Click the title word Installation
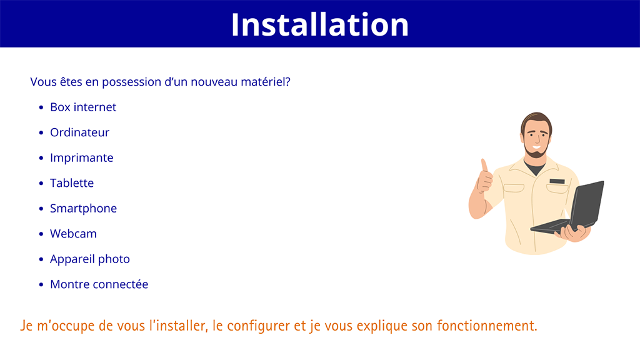319,24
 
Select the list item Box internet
83,107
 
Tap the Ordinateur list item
79,132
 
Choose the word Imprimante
81,157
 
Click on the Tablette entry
72,183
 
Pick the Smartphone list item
83,208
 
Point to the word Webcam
73,234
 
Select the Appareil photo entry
89,259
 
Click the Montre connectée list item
99,284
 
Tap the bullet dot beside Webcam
41,234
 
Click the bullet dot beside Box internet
41,107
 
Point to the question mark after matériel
287,82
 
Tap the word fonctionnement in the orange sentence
486,326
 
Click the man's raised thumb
484,166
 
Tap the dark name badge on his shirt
557,181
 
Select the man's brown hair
535,119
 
